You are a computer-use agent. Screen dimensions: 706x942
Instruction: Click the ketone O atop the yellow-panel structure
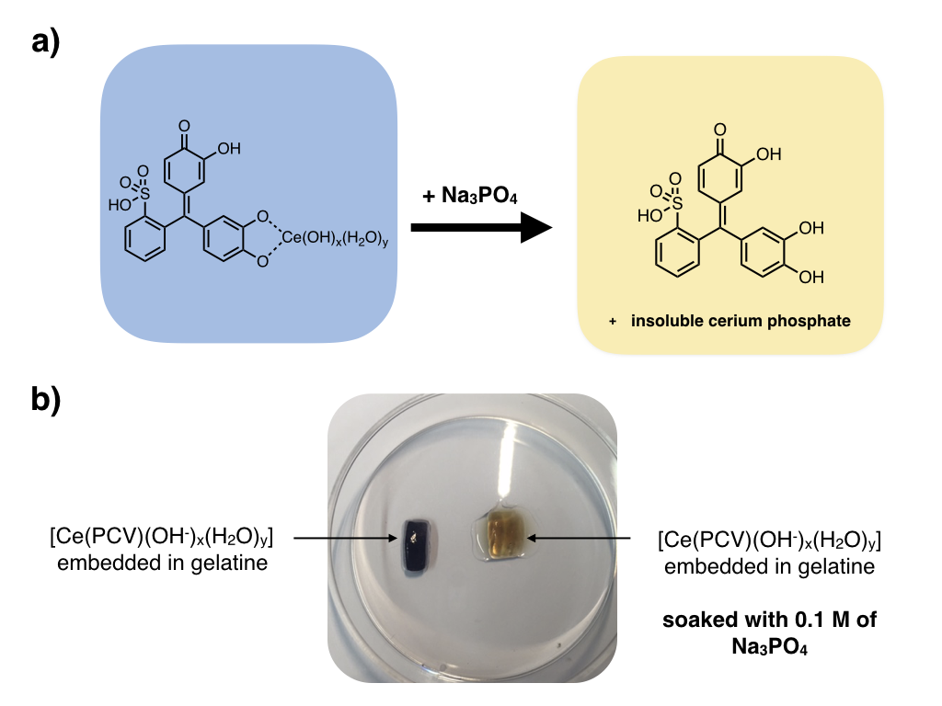coord(718,131)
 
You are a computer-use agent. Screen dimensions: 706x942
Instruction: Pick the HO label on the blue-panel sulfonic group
coord(120,206)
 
